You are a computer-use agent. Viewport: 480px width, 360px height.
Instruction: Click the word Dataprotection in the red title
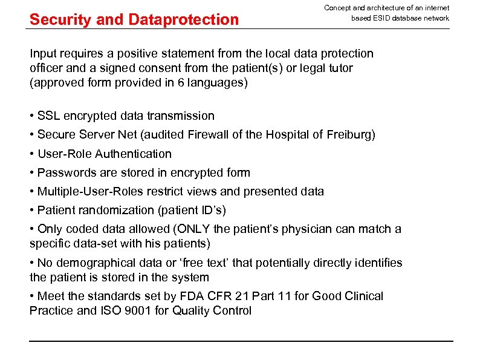[184, 19]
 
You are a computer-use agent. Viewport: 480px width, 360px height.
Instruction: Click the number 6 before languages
[181, 83]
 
